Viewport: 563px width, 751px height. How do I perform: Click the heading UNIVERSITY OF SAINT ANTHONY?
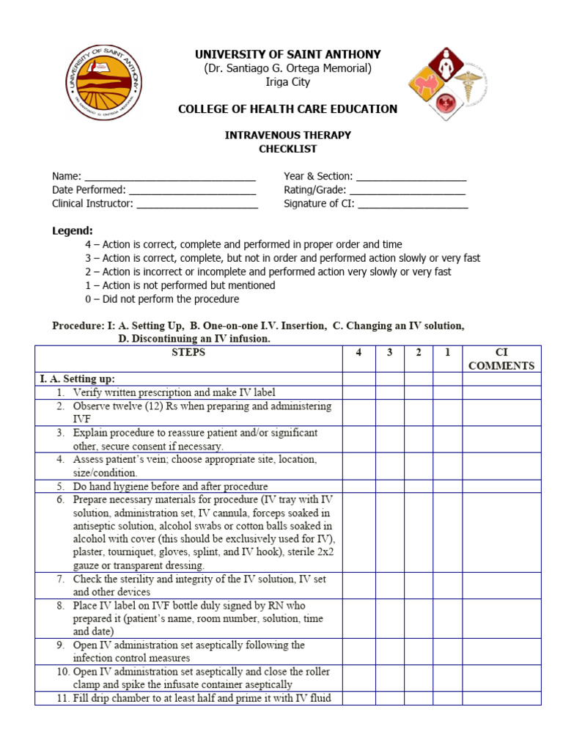[287, 55]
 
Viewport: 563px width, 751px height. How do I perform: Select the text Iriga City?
[287, 81]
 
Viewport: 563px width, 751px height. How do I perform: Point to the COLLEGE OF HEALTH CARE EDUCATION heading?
[287, 109]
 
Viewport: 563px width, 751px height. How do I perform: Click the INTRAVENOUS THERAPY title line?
[287, 135]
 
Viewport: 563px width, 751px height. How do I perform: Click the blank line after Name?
[170, 177]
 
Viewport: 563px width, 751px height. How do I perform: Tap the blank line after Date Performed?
[192, 191]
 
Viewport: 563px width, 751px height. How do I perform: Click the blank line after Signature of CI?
[412, 205]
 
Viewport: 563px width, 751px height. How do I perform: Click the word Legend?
[72, 230]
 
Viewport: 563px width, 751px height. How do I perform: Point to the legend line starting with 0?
[161, 299]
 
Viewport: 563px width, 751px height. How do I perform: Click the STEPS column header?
[188, 353]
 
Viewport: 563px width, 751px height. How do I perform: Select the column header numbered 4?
[358, 353]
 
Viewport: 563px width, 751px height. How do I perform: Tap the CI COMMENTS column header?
[501, 359]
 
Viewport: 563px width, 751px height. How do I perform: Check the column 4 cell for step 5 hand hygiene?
[358, 486]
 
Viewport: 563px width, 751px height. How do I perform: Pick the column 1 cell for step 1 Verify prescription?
[447, 392]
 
